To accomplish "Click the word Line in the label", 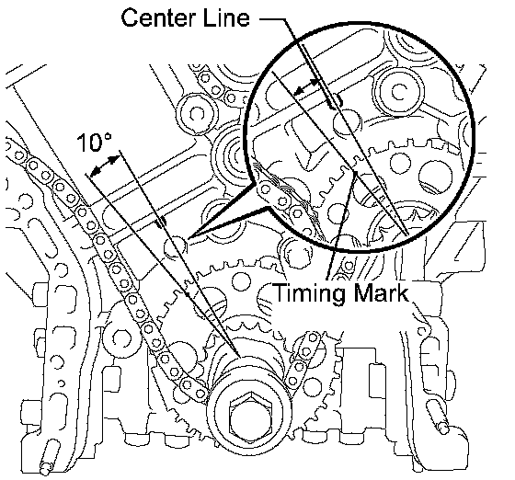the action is click(x=227, y=17).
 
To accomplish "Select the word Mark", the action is click(x=380, y=292).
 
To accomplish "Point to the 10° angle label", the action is click(x=95, y=143).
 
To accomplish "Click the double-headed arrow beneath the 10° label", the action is click(x=105, y=166).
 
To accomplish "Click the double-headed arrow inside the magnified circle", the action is click(x=307, y=87).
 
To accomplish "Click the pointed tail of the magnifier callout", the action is click(x=189, y=237).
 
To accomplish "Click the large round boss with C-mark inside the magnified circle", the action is click(x=400, y=91).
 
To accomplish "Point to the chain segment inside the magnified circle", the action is click(x=285, y=204).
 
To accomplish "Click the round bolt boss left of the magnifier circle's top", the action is click(x=197, y=114).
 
